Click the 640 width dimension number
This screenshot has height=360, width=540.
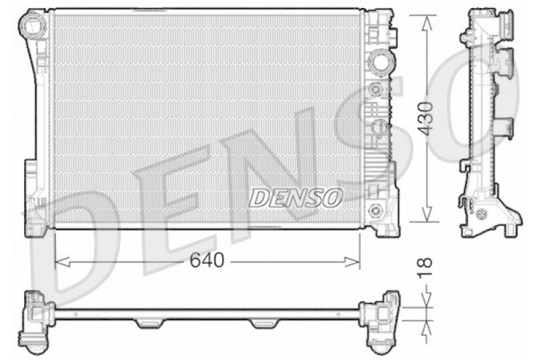click(x=207, y=261)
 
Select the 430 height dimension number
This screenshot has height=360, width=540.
click(x=425, y=119)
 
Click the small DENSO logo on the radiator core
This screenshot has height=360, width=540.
click(x=296, y=196)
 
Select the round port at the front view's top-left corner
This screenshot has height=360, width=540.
click(x=32, y=28)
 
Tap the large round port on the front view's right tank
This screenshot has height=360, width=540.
click(x=379, y=63)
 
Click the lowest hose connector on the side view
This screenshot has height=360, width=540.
click(x=503, y=126)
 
